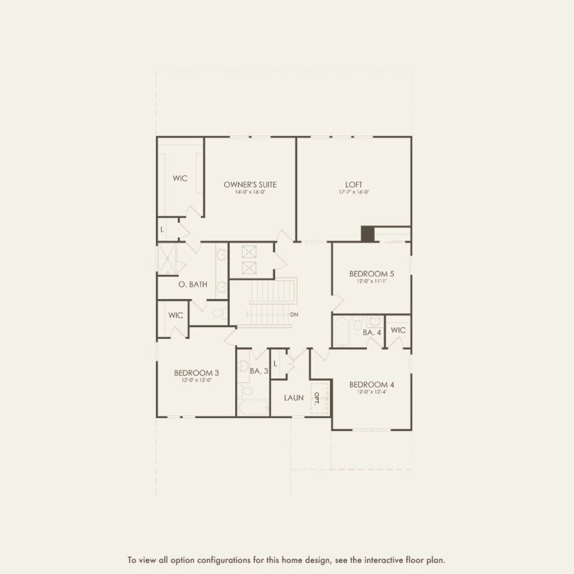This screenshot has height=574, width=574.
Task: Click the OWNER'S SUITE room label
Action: [245, 184]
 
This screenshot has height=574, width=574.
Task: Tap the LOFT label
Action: [354, 184]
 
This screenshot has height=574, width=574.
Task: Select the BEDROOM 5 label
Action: [371, 274]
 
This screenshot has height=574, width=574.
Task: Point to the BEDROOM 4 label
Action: [371, 384]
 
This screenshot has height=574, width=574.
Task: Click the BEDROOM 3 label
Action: [197, 372]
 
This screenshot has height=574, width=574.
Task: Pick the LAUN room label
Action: [294, 397]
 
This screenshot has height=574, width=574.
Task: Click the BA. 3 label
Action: [258, 371]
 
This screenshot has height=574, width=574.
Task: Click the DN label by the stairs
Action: [294, 315]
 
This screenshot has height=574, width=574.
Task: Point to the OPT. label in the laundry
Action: [317, 399]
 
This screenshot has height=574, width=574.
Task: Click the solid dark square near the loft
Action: [368, 234]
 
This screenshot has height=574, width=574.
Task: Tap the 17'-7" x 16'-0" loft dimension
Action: [354, 192]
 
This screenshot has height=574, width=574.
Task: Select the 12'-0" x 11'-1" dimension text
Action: [371, 282]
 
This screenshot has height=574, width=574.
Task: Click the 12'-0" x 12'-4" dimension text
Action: [371, 393]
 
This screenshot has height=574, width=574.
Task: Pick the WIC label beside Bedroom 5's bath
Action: [398, 330]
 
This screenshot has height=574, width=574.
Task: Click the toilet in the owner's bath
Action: [218, 313]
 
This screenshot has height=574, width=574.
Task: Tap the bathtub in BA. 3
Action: [252, 408]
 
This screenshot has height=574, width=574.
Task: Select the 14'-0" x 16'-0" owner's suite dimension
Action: [245, 192]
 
